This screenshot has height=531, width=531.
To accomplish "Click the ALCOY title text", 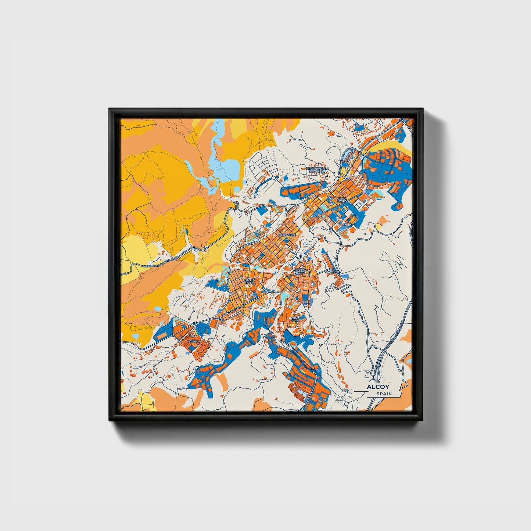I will pyautogui.click(x=378, y=387).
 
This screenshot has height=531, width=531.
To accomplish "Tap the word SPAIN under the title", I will pyautogui.click(x=384, y=394).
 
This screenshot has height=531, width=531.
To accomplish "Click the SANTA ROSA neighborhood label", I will pyautogui.click(x=249, y=281).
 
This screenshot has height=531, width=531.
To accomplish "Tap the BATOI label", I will pyautogui.click(x=193, y=341).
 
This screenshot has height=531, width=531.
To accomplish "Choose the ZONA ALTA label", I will pyautogui.click(x=295, y=319).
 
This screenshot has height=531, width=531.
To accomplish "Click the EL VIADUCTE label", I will pyautogui.click(x=333, y=271).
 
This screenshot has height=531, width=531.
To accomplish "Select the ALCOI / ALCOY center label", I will pyautogui.click(x=300, y=271).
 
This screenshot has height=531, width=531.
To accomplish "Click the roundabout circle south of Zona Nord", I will pyautogui.click(x=331, y=229).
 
